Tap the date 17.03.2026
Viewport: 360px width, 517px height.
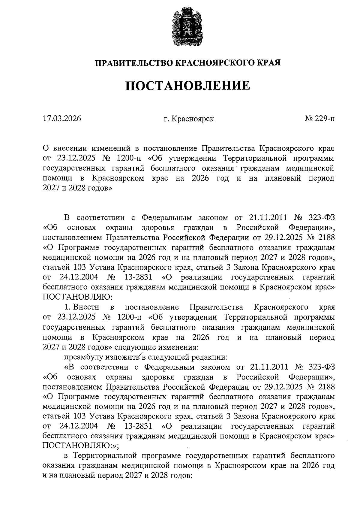tap(62, 118)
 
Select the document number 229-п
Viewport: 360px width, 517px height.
tap(320, 118)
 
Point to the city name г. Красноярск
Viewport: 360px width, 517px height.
tap(189, 119)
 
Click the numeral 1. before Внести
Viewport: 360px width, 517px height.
tap(67, 307)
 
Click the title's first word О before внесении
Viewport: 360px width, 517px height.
tap(46, 148)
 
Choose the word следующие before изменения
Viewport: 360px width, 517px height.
tap(135, 347)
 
